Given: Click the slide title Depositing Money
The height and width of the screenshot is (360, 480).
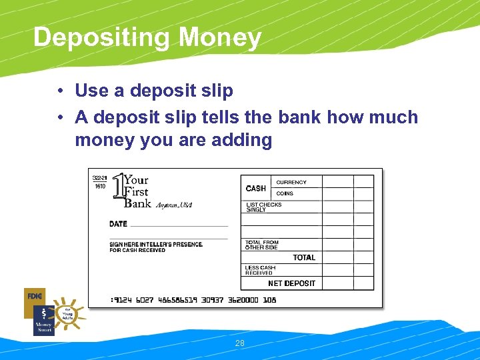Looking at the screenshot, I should coord(147,37).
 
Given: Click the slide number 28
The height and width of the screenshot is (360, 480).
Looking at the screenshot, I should coord(240,343).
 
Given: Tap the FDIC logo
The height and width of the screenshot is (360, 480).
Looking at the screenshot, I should coord(34,295).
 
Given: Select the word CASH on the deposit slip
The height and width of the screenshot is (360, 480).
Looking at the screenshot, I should coord(256,189).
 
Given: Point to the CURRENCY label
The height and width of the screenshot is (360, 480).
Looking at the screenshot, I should coord(291,182).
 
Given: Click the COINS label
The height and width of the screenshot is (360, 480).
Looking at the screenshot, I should coord(285,193).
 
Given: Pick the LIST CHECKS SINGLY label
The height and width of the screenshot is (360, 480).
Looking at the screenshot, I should coord(264,207).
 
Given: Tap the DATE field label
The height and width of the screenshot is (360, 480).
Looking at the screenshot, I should coord(118,224).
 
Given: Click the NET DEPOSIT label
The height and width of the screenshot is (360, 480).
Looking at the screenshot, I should coord(292,283).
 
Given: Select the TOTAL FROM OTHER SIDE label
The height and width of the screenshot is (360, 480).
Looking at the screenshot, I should coord(262,245).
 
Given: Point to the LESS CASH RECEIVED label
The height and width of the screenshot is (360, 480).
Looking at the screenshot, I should coord(260,270).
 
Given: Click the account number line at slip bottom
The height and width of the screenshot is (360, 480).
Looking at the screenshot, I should coord(193,300).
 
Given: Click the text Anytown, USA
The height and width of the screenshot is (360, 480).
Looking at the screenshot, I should coord(174,205).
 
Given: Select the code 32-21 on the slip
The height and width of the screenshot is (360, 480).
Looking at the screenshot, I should coord(99,178).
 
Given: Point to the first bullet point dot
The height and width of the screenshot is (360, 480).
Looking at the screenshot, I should coord(60,91).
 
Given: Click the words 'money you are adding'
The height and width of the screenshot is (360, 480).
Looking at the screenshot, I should coord(173,140).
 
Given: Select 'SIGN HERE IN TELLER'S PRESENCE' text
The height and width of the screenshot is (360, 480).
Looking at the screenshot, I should coord(156,244).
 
